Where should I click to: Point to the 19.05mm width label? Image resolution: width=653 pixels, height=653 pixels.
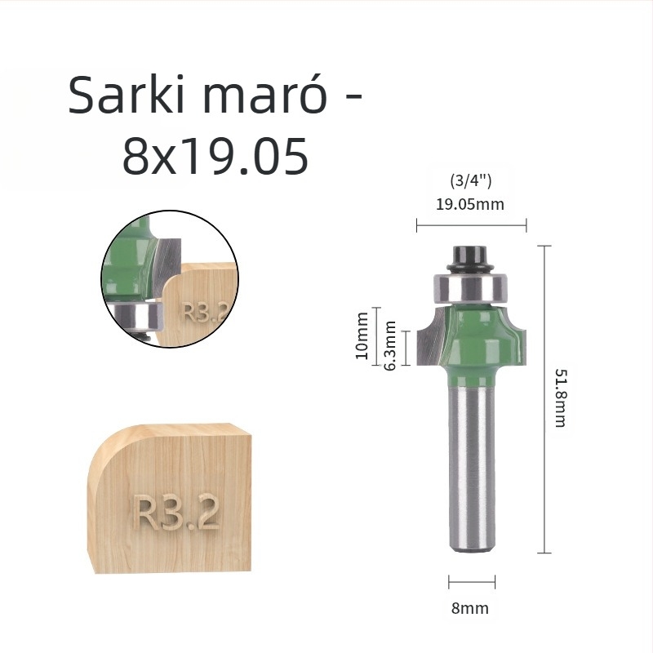469,204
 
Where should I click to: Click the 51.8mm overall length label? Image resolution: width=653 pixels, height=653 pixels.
560,398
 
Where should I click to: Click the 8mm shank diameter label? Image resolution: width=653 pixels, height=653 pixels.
470,608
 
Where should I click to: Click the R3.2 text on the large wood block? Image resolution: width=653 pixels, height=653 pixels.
176,513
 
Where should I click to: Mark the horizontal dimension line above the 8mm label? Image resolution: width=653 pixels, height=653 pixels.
472,583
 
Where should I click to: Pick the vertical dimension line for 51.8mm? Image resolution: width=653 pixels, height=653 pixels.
544,398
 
